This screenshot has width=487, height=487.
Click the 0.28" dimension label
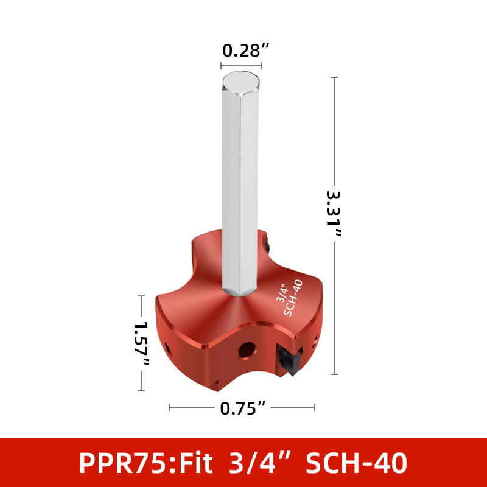click(x=245, y=51)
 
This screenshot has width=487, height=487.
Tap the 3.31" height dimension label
click(x=334, y=214)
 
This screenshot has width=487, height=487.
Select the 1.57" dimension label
click(x=141, y=343)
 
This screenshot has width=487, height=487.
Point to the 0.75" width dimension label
click(x=243, y=408)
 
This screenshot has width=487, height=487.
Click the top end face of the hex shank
click(x=241, y=83)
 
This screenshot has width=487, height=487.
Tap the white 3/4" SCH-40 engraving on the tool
click(x=289, y=298)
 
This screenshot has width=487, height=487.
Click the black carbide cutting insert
click(x=290, y=360)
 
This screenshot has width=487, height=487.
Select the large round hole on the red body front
click(x=247, y=351)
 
